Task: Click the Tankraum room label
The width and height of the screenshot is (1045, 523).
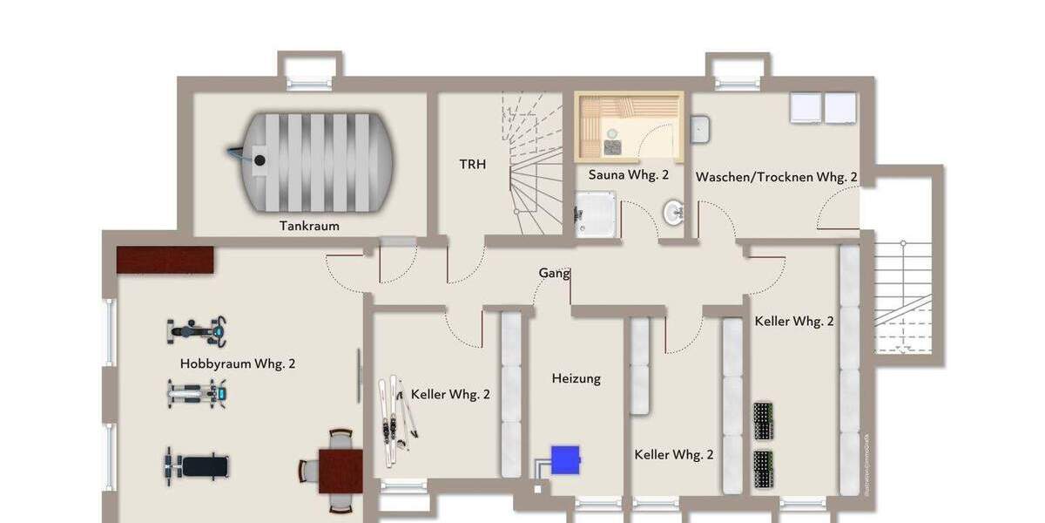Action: tap(309, 226)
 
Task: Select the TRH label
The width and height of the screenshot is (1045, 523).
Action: tap(473, 164)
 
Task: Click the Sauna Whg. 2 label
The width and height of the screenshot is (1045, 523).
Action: tap(629, 174)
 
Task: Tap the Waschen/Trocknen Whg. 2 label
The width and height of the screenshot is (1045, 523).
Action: tap(776, 177)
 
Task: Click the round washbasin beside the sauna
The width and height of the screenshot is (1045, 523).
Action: tap(673, 211)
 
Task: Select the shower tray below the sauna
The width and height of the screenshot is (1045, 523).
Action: tap(597, 214)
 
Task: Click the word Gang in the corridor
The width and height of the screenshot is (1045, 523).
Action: tap(554, 273)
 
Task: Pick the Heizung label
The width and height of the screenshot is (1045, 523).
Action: tap(576, 378)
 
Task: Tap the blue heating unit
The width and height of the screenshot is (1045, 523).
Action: tap(565, 458)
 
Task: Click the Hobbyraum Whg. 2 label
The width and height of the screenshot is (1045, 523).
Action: tap(238, 363)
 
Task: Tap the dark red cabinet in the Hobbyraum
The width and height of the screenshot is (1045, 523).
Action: tap(165, 259)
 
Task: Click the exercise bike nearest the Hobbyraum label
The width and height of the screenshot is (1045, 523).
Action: tap(197, 330)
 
